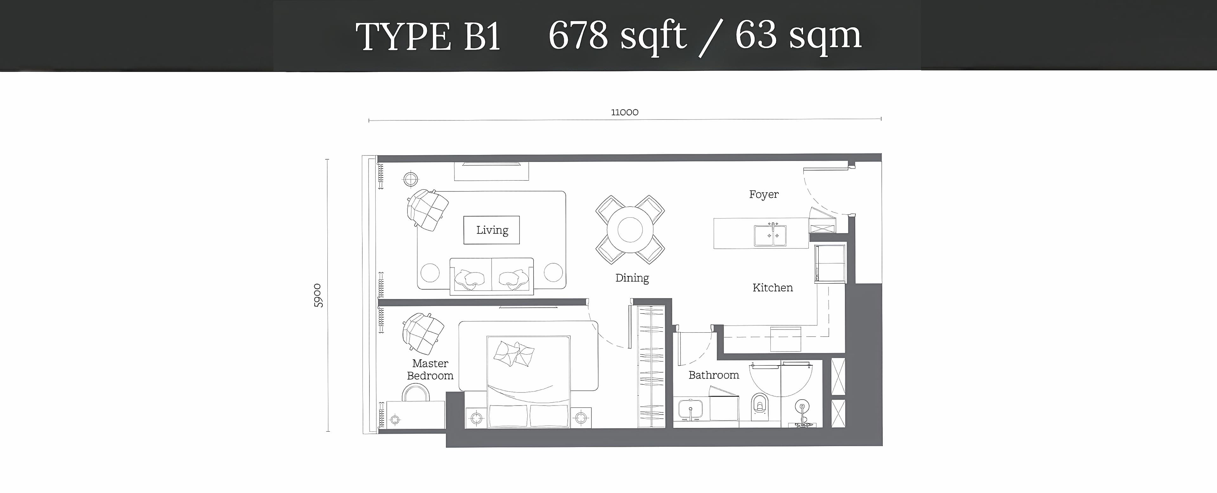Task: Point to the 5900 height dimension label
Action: pyautogui.click(x=318, y=296)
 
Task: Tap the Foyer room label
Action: pyautogui.click(x=763, y=195)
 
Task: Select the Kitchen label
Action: pyautogui.click(x=772, y=288)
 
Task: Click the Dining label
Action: pyautogui.click(x=632, y=278)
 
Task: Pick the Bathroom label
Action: pyautogui.click(x=713, y=375)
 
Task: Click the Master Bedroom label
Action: pyautogui.click(x=430, y=369)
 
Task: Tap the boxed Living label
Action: pyautogui.click(x=492, y=230)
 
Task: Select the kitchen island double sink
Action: pyautogui.click(x=770, y=235)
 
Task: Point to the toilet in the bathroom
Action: pyautogui.click(x=759, y=406)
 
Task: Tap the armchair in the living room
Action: pyautogui.click(x=428, y=210)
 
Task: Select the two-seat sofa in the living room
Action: pyautogui.click(x=491, y=276)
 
